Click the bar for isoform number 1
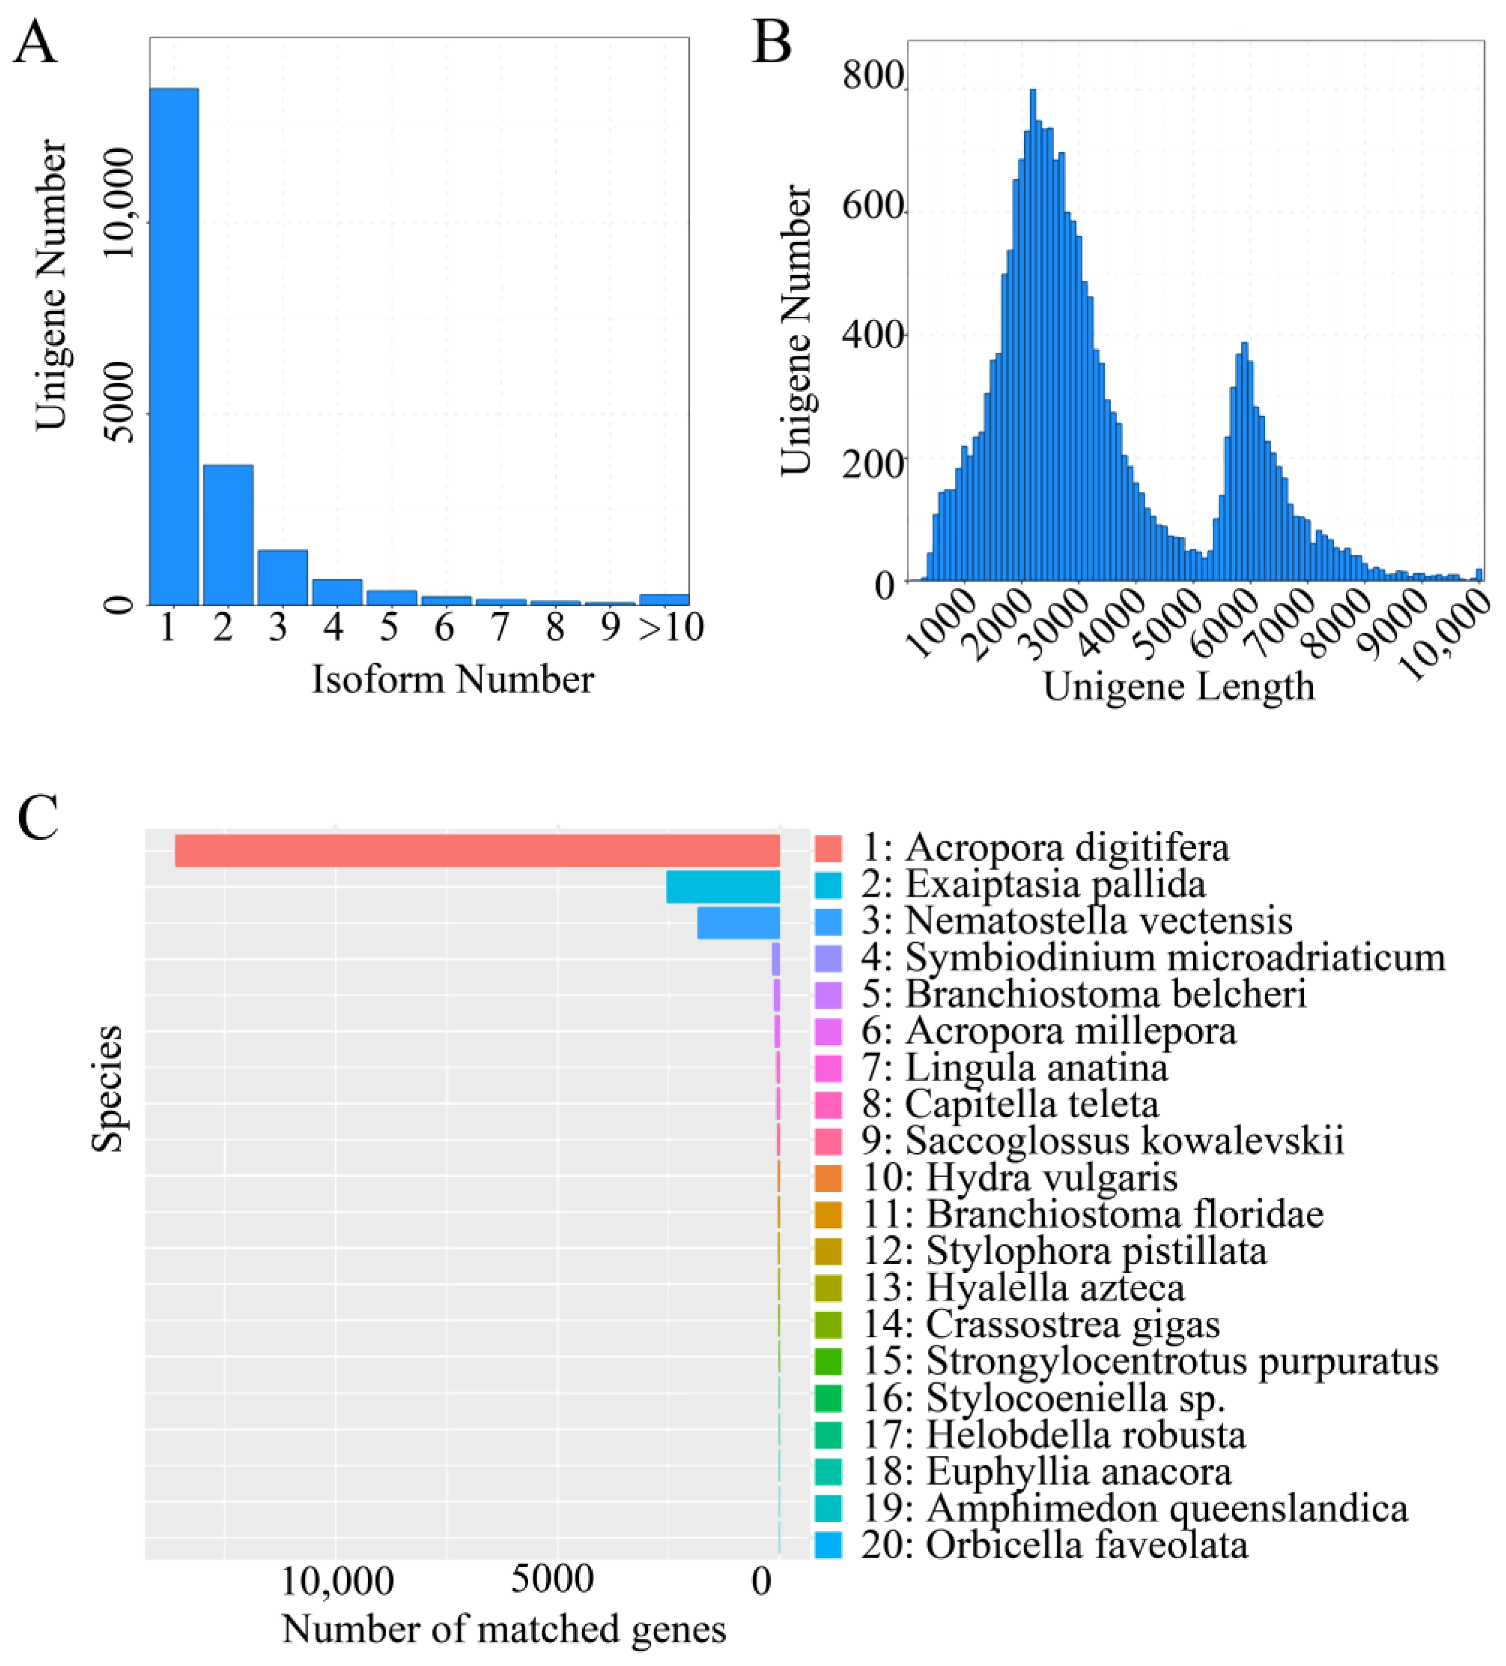coord(174,347)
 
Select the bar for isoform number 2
coord(228,535)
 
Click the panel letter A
coord(35,43)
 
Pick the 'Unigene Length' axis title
coord(1178,687)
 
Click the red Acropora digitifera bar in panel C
coord(477,850)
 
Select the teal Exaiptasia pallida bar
coord(723,887)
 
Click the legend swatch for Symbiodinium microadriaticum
coord(828,958)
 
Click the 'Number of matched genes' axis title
coord(504,1630)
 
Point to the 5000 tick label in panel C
coord(552,1580)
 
